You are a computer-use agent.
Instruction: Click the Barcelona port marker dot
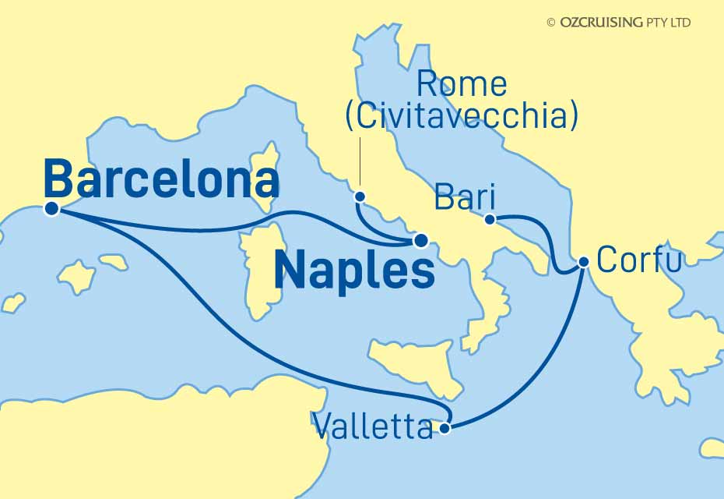(52, 208)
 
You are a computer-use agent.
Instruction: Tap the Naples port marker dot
(420, 240)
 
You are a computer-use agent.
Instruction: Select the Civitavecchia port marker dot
(360, 196)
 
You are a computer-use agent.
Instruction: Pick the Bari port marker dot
(490, 219)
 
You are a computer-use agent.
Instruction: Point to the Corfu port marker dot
(583, 264)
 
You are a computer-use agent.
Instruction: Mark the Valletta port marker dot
(445, 427)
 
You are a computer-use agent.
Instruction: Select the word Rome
(462, 84)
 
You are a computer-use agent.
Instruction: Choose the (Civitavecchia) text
(462, 117)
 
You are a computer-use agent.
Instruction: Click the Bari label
(466, 196)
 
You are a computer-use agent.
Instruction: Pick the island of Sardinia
(261, 265)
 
